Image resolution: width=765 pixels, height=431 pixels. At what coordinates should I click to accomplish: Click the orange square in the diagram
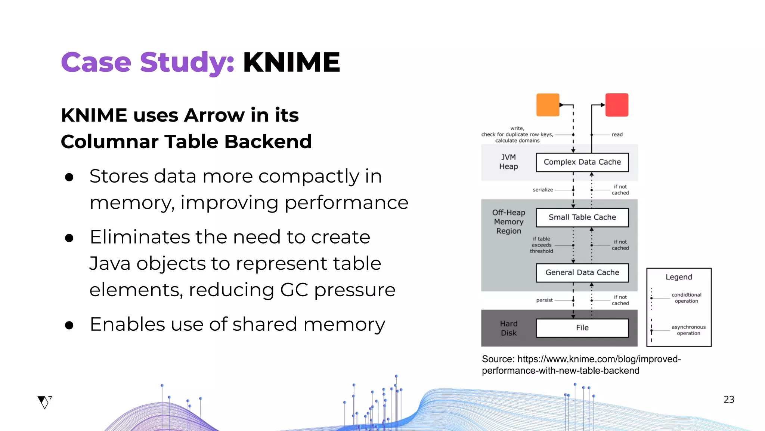(x=548, y=105)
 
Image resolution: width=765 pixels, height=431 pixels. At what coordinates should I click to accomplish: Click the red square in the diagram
(x=617, y=105)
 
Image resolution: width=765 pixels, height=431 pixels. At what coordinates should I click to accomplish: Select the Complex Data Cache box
(x=582, y=162)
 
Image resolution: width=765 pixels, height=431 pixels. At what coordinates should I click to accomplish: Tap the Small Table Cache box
(x=582, y=217)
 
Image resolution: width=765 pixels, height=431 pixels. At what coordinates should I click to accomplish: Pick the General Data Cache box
(x=582, y=273)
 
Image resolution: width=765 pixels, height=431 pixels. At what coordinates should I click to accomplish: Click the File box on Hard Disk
(x=582, y=328)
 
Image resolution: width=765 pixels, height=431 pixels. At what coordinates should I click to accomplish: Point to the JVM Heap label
(x=508, y=162)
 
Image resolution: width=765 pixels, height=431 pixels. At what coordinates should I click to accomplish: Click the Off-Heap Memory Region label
(x=508, y=222)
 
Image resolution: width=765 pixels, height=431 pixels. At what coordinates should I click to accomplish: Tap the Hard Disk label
(x=508, y=328)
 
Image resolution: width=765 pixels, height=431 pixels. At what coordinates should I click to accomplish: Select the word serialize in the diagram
(x=542, y=190)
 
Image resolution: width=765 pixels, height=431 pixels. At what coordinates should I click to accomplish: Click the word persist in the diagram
(x=544, y=300)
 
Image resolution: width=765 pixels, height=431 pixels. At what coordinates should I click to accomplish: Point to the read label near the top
(x=617, y=135)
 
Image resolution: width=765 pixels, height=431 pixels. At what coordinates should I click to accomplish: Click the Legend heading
(x=679, y=277)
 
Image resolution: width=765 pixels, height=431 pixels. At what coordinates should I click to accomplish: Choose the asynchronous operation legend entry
(x=688, y=330)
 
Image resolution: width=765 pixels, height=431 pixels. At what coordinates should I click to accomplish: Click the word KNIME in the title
(x=291, y=62)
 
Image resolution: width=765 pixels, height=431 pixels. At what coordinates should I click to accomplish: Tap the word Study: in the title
(x=187, y=62)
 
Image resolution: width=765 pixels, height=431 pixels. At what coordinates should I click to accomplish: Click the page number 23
(x=729, y=400)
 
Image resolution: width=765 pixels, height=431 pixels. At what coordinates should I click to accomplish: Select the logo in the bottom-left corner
(x=44, y=402)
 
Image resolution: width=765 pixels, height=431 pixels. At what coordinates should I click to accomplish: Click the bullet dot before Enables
(x=69, y=325)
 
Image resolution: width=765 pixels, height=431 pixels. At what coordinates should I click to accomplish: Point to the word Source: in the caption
(x=498, y=359)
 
